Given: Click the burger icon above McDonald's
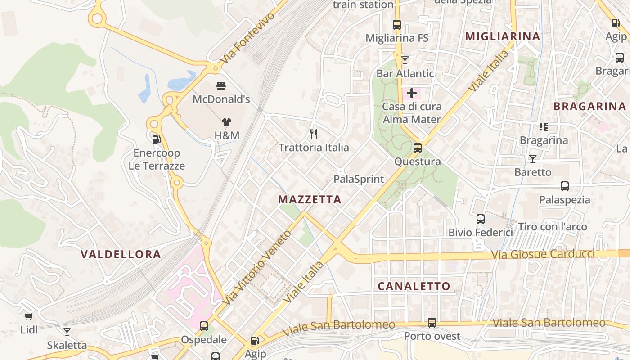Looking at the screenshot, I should (x=221, y=85).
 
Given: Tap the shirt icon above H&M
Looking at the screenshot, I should (x=227, y=122).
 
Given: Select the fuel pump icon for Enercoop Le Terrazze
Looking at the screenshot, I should (x=156, y=139).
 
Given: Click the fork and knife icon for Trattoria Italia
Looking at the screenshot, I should (x=314, y=134).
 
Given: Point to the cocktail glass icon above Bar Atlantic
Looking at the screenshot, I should (x=405, y=60).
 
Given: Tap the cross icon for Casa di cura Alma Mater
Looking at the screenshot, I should (x=412, y=94).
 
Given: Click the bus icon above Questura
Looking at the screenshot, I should (x=418, y=148).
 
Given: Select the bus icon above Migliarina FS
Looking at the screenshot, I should (x=396, y=25).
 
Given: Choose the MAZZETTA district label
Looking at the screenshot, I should (x=310, y=199).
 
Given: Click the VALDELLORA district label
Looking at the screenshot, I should (x=121, y=254).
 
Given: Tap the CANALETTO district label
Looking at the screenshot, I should (x=414, y=286).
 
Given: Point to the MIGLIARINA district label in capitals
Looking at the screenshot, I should (x=502, y=36).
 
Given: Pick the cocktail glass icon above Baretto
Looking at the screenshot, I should (x=533, y=159).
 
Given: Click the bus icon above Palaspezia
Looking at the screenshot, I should (x=565, y=186).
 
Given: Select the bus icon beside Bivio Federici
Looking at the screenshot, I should (x=481, y=219).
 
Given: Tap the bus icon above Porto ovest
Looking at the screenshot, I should (x=432, y=322).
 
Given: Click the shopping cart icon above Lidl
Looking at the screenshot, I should (x=29, y=316).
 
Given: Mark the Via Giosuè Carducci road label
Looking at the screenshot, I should (x=543, y=254).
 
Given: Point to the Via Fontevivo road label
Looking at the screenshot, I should (x=247, y=38).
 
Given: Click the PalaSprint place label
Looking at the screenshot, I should (x=359, y=179).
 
